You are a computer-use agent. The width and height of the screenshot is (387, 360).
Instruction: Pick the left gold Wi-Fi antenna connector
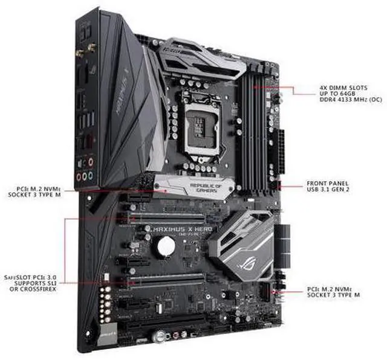click(x=79, y=53)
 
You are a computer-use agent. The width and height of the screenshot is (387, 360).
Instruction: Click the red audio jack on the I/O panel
click(x=91, y=162)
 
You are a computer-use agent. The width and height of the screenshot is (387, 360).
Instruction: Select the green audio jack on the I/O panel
click(x=90, y=177)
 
